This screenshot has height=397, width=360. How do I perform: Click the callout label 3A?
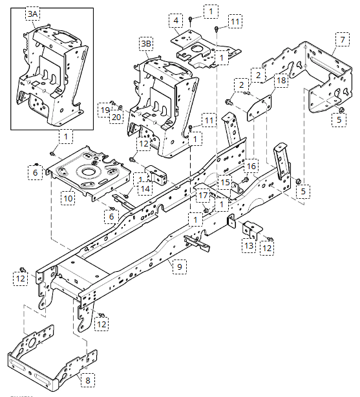pyautogui.click(x=33, y=14)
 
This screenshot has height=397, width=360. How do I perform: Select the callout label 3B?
pyautogui.click(x=146, y=43)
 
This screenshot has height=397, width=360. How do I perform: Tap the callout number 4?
pyautogui.click(x=176, y=21)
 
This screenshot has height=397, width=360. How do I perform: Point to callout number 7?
pyautogui.click(x=343, y=39)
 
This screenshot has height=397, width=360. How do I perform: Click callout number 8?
pyautogui.click(x=88, y=380)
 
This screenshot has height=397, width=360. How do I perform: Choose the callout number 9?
pyautogui.click(x=180, y=267)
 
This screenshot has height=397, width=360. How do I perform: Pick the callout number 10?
pyautogui.click(x=68, y=198)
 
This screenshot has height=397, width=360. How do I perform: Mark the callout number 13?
pyautogui.click(x=249, y=245)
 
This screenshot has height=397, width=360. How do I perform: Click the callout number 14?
pyautogui.click(x=145, y=188)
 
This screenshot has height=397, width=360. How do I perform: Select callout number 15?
pyautogui.click(x=225, y=182)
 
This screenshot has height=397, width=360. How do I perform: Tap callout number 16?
pyautogui.click(x=251, y=166)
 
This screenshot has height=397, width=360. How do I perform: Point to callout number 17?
pyautogui.click(x=204, y=195)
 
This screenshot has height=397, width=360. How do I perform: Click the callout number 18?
pyautogui.click(x=281, y=80)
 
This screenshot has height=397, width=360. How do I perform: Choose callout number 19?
pyautogui.click(x=105, y=110)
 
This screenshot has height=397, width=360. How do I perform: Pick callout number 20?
pyautogui.click(x=116, y=117)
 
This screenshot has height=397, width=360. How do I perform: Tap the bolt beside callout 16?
pyautogui.click(x=246, y=180)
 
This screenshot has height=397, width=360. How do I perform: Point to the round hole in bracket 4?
pyautogui.click(x=196, y=48)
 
